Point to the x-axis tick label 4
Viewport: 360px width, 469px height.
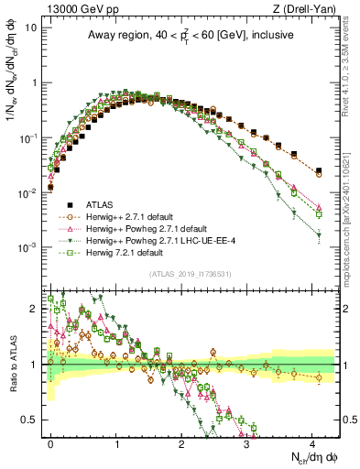click(x=311, y=442)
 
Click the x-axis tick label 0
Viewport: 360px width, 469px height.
click(x=50, y=442)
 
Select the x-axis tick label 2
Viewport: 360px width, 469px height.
click(x=181, y=442)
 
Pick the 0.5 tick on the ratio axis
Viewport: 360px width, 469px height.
click(x=33, y=420)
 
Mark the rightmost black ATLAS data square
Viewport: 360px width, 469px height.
click(x=319, y=170)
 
